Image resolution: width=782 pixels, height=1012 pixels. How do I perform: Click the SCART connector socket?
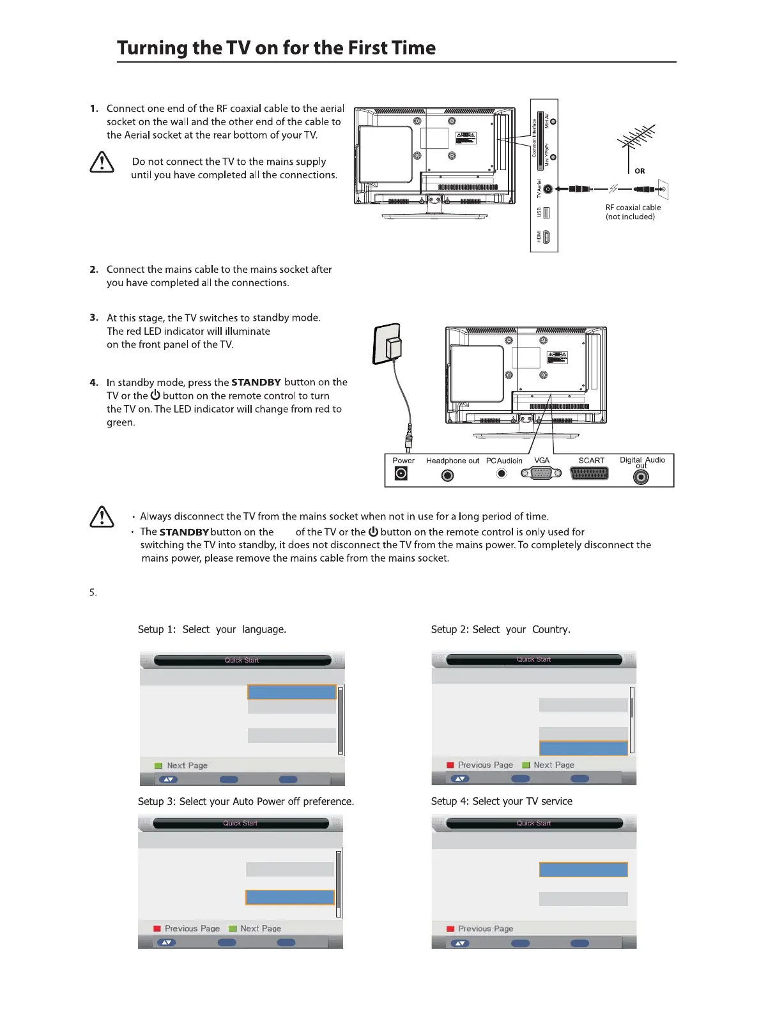[x=589, y=474]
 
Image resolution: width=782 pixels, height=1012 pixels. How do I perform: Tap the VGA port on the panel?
[x=541, y=473]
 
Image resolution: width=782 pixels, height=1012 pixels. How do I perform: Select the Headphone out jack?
[x=448, y=475]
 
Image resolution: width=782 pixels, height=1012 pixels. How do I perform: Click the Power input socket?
[x=401, y=473]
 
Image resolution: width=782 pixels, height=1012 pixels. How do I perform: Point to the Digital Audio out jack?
[x=641, y=477]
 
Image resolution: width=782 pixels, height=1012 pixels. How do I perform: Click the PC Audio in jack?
[x=502, y=473]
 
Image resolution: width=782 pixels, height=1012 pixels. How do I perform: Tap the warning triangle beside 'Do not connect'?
[x=102, y=163]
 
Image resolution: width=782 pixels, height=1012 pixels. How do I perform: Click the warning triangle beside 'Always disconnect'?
[x=102, y=516]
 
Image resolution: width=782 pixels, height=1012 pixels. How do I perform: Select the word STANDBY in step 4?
[x=256, y=383]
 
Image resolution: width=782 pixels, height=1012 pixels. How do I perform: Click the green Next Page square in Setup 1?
[x=158, y=765]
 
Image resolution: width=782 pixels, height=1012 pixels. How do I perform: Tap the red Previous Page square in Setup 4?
[x=450, y=929]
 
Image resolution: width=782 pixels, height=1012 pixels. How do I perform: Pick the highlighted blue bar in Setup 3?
[x=290, y=898]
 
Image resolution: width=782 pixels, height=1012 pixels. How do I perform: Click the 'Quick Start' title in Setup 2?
[x=533, y=659]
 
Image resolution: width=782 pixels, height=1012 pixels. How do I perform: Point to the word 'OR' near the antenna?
[x=640, y=171]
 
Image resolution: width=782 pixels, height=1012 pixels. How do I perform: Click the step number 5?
[x=93, y=593]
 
